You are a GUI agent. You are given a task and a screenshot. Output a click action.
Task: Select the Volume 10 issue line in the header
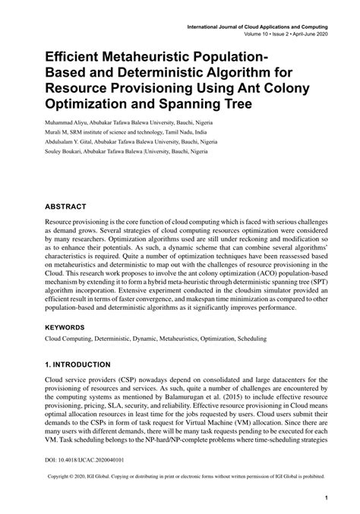283,34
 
